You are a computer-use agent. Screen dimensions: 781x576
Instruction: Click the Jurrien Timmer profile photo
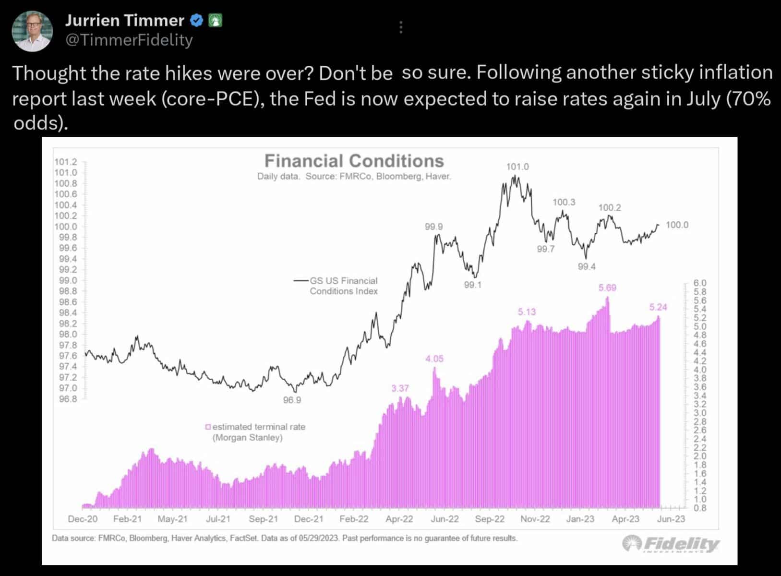[x=32, y=31]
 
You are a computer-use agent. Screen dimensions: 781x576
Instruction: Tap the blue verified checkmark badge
[x=197, y=21]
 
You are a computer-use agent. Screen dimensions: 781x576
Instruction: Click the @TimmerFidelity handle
[x=129, y=40]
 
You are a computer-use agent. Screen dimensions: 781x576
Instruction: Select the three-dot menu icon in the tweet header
[x=401, y=27]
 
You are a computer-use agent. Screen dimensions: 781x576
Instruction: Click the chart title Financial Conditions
[x=354, y=161]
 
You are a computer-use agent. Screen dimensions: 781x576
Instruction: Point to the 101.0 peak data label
[x=517, y=167]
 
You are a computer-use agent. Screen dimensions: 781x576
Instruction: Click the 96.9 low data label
[x=292, y=400]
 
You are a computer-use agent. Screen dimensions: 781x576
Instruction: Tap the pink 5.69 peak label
[x=607, y=288]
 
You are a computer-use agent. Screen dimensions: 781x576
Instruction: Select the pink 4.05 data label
[x=434, y=359]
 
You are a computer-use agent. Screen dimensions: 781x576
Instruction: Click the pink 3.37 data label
[x=400, y=388]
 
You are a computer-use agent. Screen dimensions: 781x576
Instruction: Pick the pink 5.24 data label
[x=658, y=307]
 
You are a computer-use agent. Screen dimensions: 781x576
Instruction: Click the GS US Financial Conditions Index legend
[x=336, y=286]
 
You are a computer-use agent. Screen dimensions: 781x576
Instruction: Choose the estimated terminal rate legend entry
[x=255, y=432]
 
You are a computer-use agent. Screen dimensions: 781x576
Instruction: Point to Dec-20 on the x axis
[x=83, y=519]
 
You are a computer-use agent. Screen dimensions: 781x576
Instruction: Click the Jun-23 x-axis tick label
[x=671, y=519]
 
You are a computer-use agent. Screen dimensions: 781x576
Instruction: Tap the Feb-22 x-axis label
[x=354, y=519]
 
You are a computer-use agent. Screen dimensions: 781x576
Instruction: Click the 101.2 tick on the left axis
[x=65, y=162]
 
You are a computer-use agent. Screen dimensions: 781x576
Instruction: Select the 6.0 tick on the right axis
[x=700, y=283]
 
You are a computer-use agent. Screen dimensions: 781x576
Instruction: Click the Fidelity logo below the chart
[x=671, y=543]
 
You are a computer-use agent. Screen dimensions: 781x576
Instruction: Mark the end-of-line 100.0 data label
[x=677, y=225]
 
